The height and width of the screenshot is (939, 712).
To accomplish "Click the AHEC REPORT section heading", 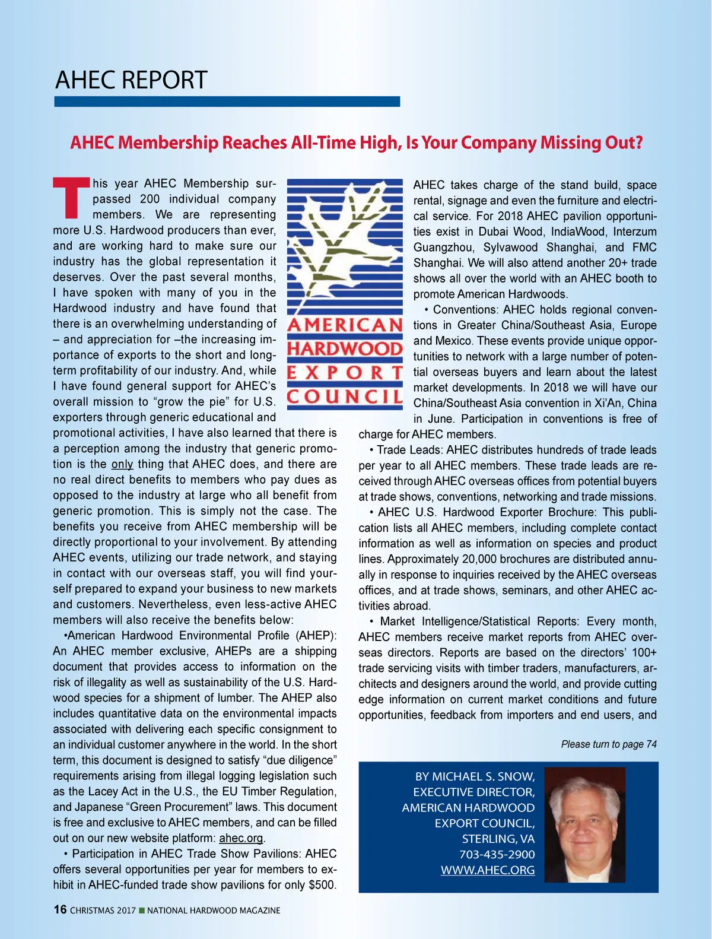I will [x=131, y=80].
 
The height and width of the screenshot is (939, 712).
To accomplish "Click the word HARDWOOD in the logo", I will [x=345, y=348].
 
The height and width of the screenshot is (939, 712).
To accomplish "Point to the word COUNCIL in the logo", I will [x=345, y=396].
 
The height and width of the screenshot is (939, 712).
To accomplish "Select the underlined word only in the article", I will [x=122, y=464].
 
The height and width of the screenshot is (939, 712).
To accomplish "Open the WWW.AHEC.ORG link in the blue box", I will [x=487, y=870].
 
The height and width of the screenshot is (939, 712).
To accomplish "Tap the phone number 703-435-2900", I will [x=497, y=855].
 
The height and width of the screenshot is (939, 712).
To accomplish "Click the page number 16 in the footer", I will [x=60, y=910].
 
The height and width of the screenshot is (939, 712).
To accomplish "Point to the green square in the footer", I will [x=141, y=911].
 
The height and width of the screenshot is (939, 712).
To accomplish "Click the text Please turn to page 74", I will [x=609, y=744].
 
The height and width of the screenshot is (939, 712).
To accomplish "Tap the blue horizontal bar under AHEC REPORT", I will [x=227, y=101].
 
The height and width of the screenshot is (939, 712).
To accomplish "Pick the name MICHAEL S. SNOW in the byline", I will [x=483, y=776].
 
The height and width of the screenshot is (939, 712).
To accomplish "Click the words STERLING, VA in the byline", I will [x=498, y=839].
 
